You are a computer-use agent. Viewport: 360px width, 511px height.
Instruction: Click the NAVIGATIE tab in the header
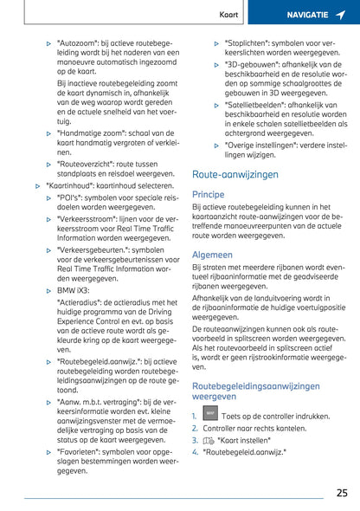(307, 15)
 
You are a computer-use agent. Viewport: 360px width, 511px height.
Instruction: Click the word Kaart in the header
(228, 15)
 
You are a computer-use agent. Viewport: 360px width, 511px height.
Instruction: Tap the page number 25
(341, 493)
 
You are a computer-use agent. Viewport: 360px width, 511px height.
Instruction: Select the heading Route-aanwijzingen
(235, 174)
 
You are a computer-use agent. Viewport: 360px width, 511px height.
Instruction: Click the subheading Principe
(208, 195)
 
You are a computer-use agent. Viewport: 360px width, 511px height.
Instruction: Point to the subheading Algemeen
(212, 255)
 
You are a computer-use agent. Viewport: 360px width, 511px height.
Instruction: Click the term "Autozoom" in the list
(75, 42)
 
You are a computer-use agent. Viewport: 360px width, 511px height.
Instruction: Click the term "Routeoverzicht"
(84, 163)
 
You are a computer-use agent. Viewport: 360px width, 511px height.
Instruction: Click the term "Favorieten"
(79, 450)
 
